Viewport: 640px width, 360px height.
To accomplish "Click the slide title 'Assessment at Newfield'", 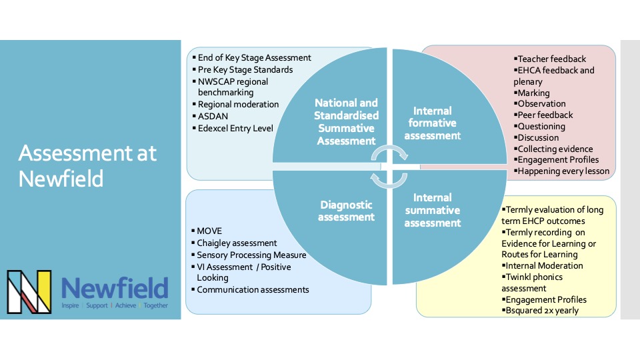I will [87, 165].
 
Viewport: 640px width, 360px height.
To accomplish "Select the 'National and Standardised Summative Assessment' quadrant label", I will [346, 121].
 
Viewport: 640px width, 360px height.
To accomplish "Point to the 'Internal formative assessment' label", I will [434, 123].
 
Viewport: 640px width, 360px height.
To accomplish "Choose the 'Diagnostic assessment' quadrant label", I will [347, 211].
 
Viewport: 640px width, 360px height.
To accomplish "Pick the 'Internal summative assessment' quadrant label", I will [433, 210].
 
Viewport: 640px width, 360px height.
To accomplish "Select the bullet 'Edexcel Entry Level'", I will [235, 128].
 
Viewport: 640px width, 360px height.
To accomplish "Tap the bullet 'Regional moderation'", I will [238, 104].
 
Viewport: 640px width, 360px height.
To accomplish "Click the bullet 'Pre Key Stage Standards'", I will [245, 69].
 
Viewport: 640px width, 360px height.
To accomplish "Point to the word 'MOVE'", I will [209, 231].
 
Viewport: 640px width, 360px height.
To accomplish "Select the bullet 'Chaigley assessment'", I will [237, 243].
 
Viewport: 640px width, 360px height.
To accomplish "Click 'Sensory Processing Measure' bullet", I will [251, 255].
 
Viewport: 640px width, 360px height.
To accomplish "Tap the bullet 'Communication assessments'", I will [253, 289].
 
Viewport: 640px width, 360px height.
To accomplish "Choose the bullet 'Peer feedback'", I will [545, 115].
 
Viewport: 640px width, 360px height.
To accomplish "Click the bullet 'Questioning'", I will [541, 126].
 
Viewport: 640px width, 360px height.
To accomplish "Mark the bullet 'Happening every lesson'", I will [563, 171].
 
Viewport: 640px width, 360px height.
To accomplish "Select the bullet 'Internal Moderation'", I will [544, 265].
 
